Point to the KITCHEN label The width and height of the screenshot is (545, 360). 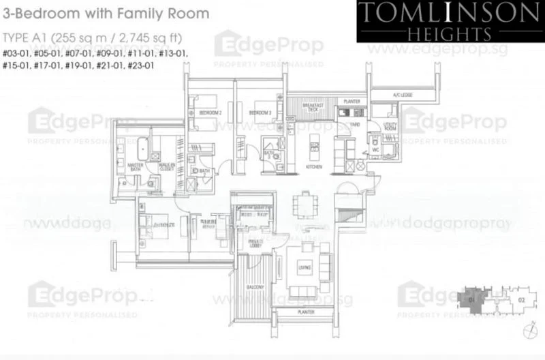[x=314, y=167]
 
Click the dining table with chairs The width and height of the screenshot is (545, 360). [x=303, y=205]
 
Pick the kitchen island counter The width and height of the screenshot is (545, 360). [x=314, y=144]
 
